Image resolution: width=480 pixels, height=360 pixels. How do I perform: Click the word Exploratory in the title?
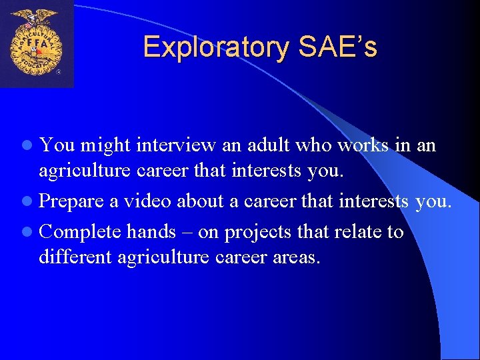pyautogui.click(x=216, y=47)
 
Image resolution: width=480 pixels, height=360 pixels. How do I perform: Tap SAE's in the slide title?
pyautogui.click(x=338, y=47)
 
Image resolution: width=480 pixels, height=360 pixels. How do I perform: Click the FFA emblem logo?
pyautogui.click(x=37, y=44)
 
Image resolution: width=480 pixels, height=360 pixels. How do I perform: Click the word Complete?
pyautogui.click(x=79, y=232)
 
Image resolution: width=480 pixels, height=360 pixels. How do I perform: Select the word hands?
pyautogui.click(x=151, y=232)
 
